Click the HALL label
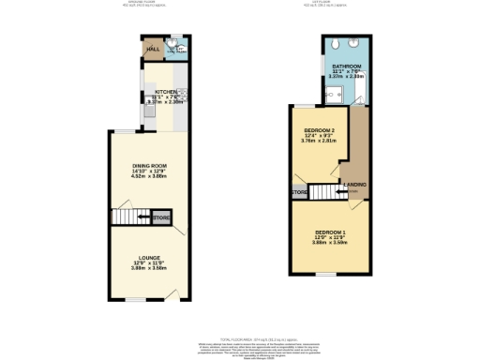click(151, 49)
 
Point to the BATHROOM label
click(346, 66)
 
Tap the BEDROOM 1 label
click(330, 232)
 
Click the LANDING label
click(355, 185)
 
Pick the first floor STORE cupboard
click(299, 193)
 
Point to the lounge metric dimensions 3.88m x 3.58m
click(150, 268)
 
